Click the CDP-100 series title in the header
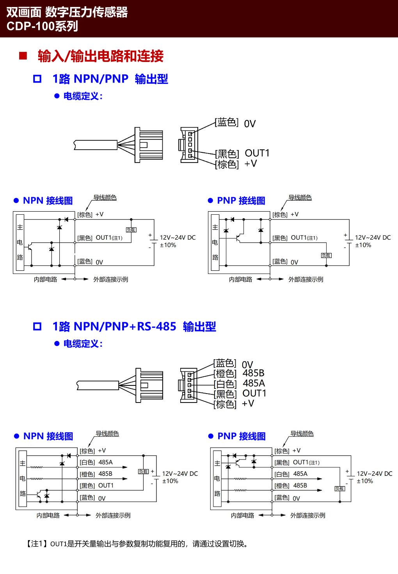tap(42, 26)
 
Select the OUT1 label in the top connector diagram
tap(257, 153)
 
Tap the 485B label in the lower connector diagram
tap(253, 373)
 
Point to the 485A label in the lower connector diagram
tap(254, 383)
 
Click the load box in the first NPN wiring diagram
tap(131, 230)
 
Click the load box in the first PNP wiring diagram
tap(326, 255)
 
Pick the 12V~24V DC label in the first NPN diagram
tap(178, 237)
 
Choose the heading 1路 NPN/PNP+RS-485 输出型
tap(134, 326)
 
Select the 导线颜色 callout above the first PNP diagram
tap(300, 198)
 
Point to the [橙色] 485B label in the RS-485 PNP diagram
tap(291, 486)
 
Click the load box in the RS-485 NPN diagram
tap(143, 472)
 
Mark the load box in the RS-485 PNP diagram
tap(339, 489)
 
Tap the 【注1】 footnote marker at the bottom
tap(37, 544)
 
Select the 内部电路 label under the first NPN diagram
tap(45, 279)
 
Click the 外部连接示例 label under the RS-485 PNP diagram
tap(307, 515)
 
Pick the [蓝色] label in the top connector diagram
tap(227, 123)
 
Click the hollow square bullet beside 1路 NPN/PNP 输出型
tap(37, 79)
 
